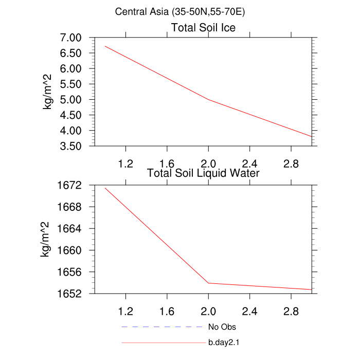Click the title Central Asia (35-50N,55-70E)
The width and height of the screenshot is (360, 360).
pyautogui.click(x=179, y=11)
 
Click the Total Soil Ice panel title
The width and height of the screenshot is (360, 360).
pyautogui.click(x=203, y=28)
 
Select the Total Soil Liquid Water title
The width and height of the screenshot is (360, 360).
pyautogui.click(x=203, y=173)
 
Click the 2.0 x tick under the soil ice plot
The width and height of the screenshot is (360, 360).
pyautogui.click(x=208, y=164)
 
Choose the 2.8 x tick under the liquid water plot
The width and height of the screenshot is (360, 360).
pyautogui.click(x=291, y=311)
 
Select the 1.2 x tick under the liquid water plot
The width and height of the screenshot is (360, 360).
pyautogui.click(x=125, y=311)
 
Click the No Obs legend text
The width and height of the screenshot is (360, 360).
pyautogui.click(x=222, y=327)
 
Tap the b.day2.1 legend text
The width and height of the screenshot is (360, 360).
pyautogui.click(x=225, y=342)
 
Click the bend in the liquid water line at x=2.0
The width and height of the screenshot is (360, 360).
pyautogui.click(x=208, y=283)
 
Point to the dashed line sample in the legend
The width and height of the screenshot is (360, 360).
pyautogui.click(x=163, y=327)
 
